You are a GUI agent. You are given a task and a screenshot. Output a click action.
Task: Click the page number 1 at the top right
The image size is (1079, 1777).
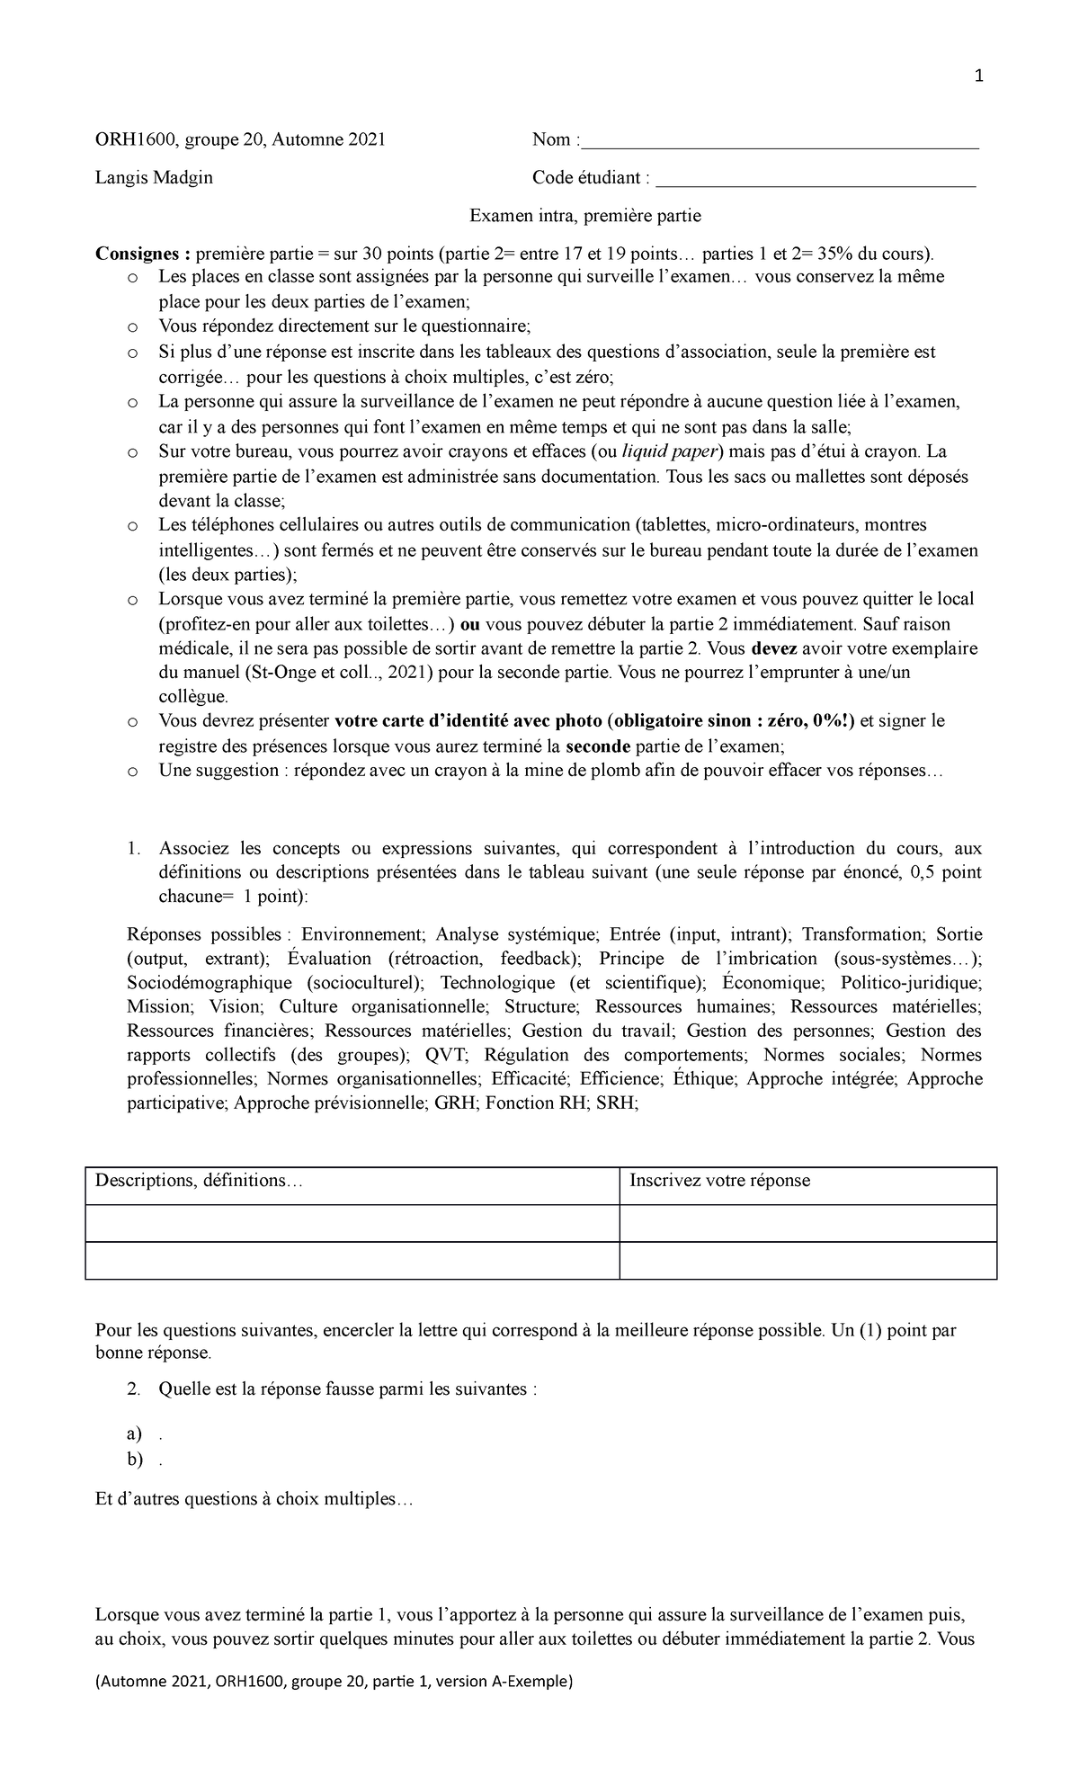pos(979,76)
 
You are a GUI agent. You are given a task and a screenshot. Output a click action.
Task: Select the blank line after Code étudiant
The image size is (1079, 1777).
pos(816,183)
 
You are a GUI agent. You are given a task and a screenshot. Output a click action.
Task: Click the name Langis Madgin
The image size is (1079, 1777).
pos(154,178)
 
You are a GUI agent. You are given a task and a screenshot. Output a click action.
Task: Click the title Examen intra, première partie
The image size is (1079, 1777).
pos(585,216)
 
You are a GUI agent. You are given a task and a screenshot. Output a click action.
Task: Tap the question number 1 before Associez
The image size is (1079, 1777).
pos(132,848)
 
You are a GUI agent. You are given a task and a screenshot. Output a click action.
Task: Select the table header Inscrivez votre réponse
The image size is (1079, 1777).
pos(719,1181)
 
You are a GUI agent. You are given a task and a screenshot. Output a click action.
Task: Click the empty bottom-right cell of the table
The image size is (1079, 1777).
pos(807,1260)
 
